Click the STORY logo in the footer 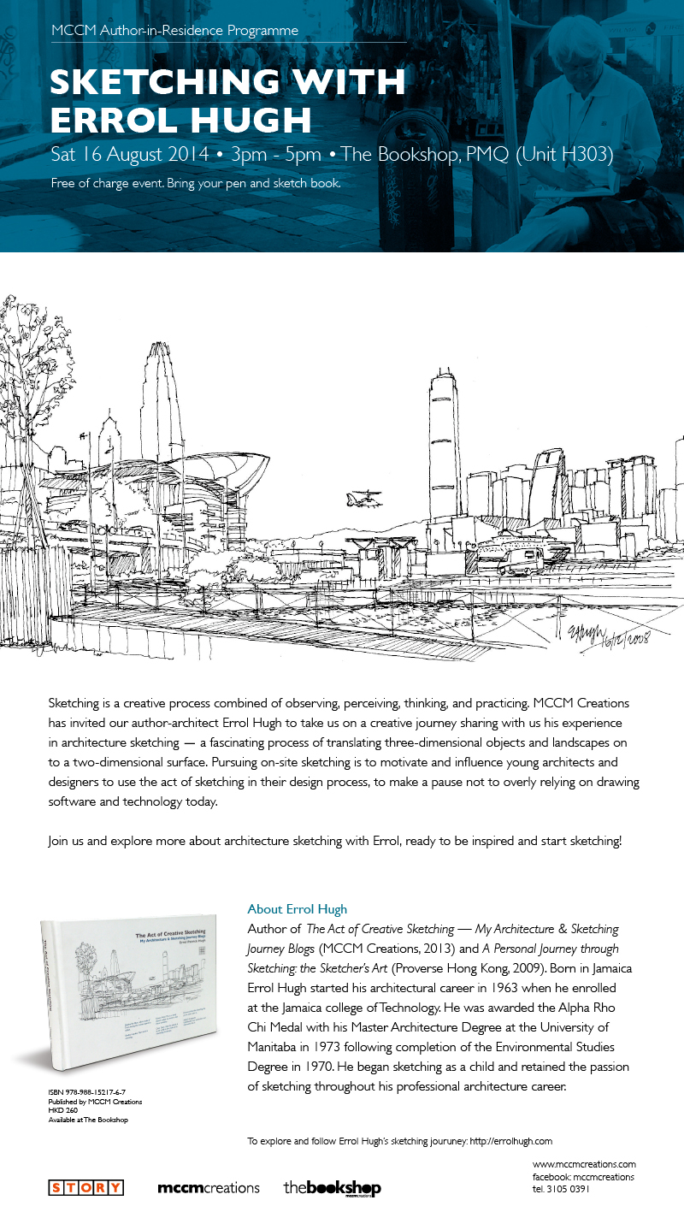pyautogui.click(x=85, y=1187)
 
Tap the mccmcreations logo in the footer pyautogui.click(x=209, y=1188)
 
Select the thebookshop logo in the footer pyautogui.click(x=333, y=1188)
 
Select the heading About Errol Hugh pyautogui.click(x=298, y=909)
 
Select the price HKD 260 pyautogui.click(x=63, y=1111)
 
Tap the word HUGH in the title pyautogui.click(x=254, y=120)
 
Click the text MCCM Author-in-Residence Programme pyautogui.click(x=174, y=31)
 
